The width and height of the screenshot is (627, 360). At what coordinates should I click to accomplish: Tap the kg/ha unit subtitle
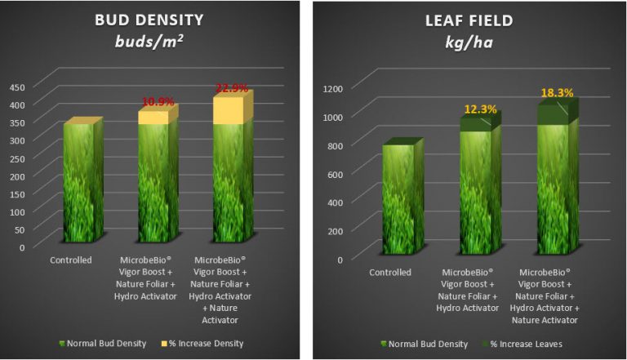tap(466, 42)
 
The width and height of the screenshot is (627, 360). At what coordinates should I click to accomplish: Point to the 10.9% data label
tap(159, 102)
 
